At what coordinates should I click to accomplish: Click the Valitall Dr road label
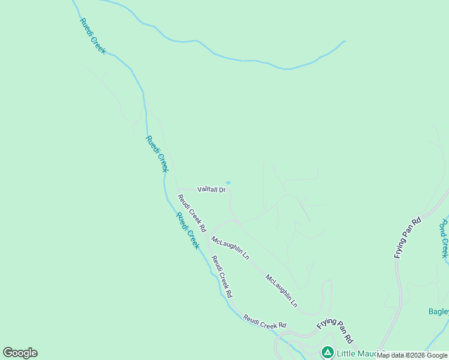[211, 190]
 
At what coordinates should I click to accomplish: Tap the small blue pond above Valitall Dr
[228, 183]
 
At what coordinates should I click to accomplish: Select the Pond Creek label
[444, 238]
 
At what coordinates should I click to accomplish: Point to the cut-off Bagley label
[438, 311]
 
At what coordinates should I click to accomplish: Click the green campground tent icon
[327, 352]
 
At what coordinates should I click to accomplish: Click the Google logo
[20, 353]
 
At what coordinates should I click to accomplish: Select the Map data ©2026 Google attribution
[412, 355]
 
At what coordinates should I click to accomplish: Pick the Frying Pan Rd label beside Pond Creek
[408, 238]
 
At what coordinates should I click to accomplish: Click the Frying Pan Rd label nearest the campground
[334, 327]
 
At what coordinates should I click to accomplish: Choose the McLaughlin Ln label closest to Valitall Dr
[230, 247]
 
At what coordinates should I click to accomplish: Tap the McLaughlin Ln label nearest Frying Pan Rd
[282, 290]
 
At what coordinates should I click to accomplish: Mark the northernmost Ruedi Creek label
[92, 36]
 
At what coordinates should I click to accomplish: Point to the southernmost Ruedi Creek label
[187, 231]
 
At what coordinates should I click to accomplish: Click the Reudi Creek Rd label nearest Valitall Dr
[191, 213]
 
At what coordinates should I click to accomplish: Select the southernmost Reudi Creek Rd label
[265, 321]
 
